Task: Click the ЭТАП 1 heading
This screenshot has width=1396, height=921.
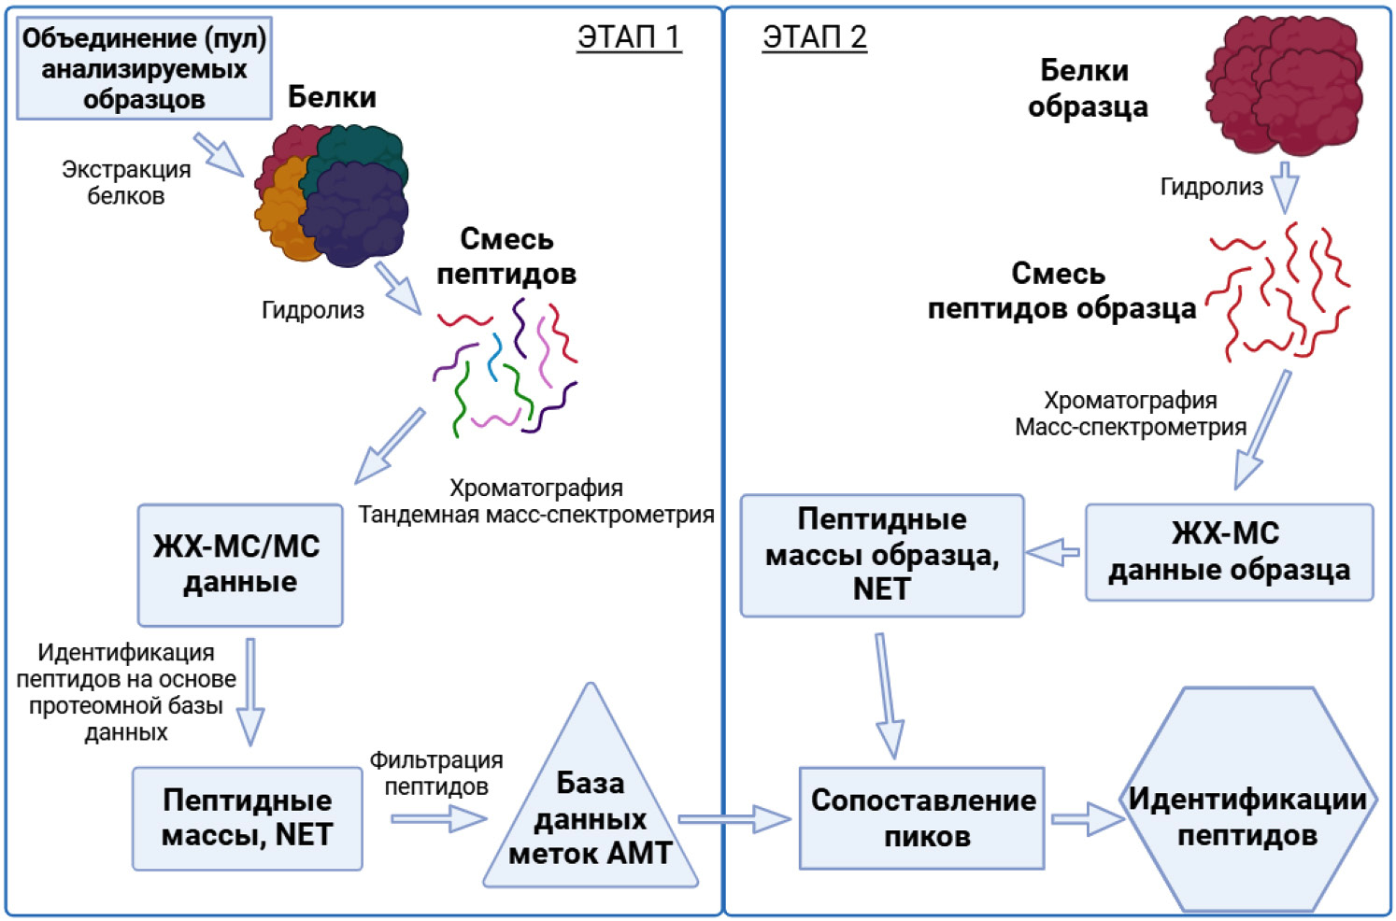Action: pos(629,37)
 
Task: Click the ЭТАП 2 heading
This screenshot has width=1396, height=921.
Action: pos(814,37)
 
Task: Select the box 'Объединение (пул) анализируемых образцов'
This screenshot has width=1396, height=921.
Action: pos(144,68)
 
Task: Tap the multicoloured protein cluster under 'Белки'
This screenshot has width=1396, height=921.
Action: pos(332,196)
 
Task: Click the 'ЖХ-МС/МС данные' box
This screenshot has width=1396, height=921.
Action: pos(239,564)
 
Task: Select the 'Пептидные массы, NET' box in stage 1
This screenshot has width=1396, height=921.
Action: pos(247,818)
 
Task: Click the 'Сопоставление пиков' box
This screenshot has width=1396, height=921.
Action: pos(922,818)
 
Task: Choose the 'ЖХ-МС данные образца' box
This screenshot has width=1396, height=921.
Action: pos(1228,552)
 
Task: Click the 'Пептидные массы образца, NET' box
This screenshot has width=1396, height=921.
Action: pos(881,555)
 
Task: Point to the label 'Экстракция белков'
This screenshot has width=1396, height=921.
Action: pos(126,183)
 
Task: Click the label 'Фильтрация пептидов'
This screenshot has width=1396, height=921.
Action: pos(436,773)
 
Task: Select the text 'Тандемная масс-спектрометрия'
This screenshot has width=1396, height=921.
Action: pos(536,515)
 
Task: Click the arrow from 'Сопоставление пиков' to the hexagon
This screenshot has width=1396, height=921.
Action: pos(1085,819)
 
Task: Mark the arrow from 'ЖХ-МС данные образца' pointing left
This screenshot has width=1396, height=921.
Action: pos(1053,552)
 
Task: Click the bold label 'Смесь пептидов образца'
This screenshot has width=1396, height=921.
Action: pos(1061,290)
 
